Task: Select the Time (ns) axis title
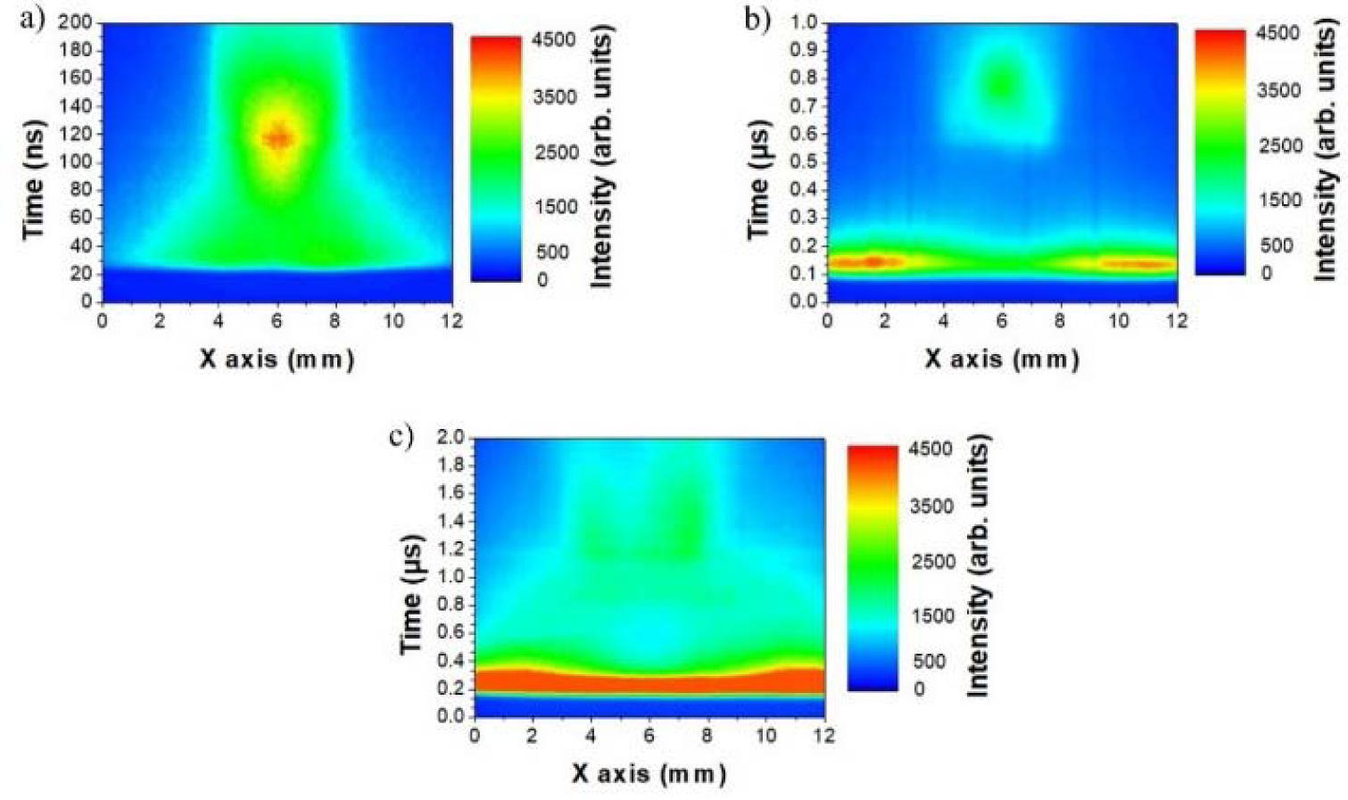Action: (34, 178)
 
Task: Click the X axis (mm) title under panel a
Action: (277, 359)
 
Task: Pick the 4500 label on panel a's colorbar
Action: (553, 40)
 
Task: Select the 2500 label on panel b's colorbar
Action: (1280, 145)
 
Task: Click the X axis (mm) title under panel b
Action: (1002, 359)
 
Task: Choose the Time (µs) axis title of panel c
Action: (410, 593)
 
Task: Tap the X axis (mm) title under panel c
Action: (649, 772)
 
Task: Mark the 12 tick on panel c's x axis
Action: (824, 736)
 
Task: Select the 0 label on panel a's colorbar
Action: (542, 280)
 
